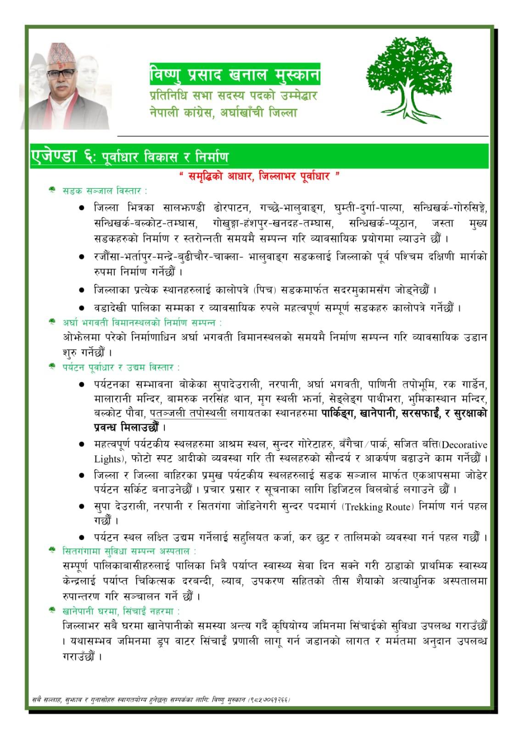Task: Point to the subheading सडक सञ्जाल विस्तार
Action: click(105, 190)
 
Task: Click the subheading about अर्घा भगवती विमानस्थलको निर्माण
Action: click(142, 322)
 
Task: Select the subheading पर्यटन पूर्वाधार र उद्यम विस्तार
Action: click(121, 367)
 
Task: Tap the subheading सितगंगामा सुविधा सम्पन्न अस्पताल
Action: click(129, 550)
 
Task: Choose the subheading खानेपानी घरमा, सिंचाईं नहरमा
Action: click(121, 611)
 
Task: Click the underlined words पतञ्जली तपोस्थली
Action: click(188, 413)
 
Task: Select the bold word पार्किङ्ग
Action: click(338, 413)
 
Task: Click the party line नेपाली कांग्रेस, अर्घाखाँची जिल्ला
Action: click(223, 112)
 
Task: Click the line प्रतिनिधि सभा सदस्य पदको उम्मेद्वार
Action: click(234, 96)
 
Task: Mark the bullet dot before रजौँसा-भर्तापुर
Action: click(81, 257)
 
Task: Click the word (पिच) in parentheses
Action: click(266, 290)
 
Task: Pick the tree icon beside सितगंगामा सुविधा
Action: click(53, 550)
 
